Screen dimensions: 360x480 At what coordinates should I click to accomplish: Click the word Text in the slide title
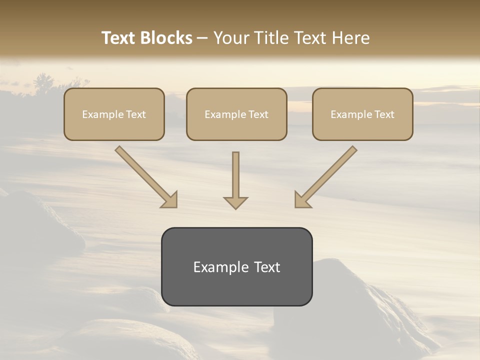(x=118, y=38)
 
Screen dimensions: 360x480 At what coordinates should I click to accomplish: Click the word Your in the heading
(x=231, y=38)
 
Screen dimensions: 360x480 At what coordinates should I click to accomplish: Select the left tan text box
(x=114, y=114)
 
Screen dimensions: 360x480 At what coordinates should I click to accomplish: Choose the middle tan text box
(x=236, y=114)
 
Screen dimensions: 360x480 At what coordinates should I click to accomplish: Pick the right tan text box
(x=362, y=114)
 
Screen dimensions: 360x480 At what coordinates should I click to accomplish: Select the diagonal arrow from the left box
(x=146, y=177)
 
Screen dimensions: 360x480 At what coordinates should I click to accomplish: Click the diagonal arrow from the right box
(x=325, y=177)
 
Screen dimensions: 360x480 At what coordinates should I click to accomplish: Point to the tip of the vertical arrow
(x=235, y=207)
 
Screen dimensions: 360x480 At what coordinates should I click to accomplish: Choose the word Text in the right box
(x=383, y=114)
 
